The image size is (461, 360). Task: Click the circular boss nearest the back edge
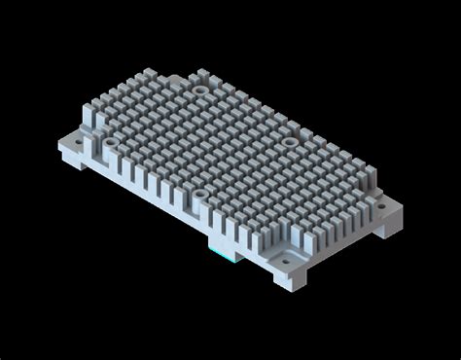pyautogui.click(x=200, y=89)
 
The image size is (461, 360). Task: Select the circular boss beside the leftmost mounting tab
pyautogui.click(x=110, y=142)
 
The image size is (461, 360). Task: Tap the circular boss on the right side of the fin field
pyautogui.click(x=289, y=142)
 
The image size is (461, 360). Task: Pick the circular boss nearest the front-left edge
pyautogui.click(x=198, y=195)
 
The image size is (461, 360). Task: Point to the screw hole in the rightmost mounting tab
pyautogui.click(x=390, y=205)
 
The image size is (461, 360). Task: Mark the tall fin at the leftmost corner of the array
pyautogui.click(x=90, y=118)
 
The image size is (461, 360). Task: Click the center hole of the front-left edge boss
pyautogui.click(x=198, y=195)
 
